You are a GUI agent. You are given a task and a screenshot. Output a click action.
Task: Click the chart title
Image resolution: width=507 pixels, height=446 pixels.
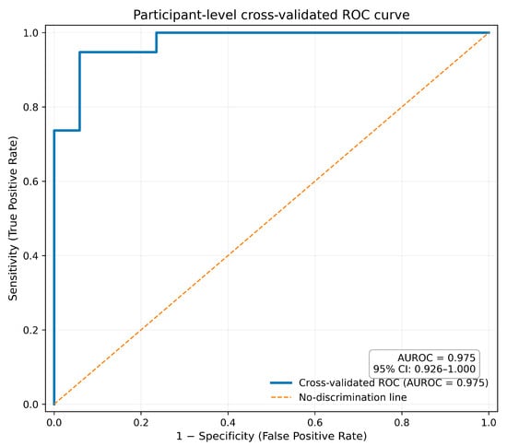pos(271,15)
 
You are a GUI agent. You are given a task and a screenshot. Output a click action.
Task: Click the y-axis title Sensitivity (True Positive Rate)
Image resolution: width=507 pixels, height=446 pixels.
pos(13,218)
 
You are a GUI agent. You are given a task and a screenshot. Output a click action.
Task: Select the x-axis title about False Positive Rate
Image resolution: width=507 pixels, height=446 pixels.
pos(271,436)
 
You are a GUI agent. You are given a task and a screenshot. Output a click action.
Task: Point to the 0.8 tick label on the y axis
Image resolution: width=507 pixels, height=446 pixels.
pos(30,107)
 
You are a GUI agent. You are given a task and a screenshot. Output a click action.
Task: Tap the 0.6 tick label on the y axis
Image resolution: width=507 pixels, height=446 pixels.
pos(30,182)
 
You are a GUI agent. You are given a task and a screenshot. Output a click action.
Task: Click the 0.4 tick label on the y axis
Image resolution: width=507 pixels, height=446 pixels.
pos(30,255)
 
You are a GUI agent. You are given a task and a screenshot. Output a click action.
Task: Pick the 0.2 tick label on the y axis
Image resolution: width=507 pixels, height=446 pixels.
pos(30,330)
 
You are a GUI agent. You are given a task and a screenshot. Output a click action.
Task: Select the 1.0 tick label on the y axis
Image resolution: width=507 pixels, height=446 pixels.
pos(30,33)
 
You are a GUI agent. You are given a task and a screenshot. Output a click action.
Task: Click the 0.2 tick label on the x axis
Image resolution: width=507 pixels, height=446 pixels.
pos(141,422)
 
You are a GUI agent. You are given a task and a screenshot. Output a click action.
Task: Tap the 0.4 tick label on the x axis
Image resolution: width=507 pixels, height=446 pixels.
pos(228,422)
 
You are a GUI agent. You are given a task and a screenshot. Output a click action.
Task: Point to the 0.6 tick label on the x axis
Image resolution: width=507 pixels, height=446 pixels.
pos(315,422)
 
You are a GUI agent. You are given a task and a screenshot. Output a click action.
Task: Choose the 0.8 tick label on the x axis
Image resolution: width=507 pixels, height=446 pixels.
pos(402,422)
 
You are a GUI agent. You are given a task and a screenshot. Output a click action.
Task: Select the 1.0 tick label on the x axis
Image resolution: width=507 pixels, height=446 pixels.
pos(489,422)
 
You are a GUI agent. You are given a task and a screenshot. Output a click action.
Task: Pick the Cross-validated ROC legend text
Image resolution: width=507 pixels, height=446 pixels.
pos(394,382)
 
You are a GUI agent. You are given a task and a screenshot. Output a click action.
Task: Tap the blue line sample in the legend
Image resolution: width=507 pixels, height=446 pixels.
pos(281,383)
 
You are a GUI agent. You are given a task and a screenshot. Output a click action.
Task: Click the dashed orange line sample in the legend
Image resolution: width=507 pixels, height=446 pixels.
pos(281,397)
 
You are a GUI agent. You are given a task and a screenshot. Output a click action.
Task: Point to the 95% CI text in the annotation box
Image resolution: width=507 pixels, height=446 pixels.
pos(424,370)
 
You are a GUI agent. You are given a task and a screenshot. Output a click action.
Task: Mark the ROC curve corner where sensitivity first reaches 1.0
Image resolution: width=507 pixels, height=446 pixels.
pos(157,32)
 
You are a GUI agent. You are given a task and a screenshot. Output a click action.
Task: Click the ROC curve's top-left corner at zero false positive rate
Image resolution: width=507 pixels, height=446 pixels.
pos(54,131)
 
